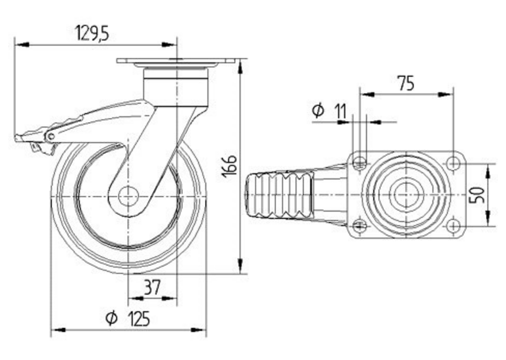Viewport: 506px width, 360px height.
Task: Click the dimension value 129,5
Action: click(92, 33)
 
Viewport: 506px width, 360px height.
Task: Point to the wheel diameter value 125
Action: click(140, 318)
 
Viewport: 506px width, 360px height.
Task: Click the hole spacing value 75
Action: click(406, 84)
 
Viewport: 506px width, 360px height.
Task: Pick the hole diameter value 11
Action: click(340, 111)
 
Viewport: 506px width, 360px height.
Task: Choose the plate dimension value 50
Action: click(479, 195)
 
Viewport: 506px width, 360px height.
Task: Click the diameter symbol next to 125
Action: click(112, 318)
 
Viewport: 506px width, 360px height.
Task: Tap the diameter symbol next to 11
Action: click(318, 110)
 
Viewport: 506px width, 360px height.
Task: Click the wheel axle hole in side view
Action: click(129, 196)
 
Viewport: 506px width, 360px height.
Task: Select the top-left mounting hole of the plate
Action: click(359, 163)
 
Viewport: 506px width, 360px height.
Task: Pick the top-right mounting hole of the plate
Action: click(454, 163)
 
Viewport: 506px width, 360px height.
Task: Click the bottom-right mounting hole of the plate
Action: click(454, 226)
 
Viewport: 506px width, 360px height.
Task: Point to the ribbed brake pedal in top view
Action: click(279, 195)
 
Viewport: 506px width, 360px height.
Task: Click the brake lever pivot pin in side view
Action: click(50, 137)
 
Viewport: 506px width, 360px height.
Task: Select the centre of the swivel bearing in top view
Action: click(406, 195)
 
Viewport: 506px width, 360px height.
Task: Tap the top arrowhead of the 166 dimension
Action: click(240, 66)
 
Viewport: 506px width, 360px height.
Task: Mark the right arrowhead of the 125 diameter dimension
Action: click(199, 330)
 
